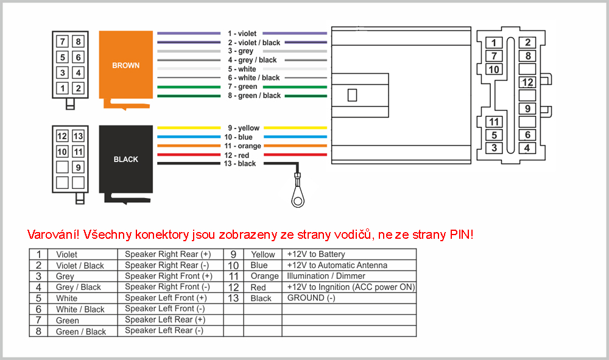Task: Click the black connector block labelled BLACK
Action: click(125, 159)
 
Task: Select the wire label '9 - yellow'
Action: click(243, 128)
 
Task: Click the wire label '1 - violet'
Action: click(242, 34)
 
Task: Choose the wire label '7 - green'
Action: click(242, 86)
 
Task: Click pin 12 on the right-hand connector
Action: click(527, 82)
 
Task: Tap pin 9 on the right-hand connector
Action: click(527, 109)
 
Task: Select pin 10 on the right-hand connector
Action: click(494, 69)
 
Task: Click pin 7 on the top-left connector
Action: click(63, 42)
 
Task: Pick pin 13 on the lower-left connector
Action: click(78, 136)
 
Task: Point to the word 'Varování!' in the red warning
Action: click(54, 235)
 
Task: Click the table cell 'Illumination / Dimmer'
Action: click(325, 276)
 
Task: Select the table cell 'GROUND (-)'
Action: click(311, 298)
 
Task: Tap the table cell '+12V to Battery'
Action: click(315, 254)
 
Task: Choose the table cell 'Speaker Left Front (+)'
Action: click(166, 298)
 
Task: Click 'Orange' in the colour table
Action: click(264, 276)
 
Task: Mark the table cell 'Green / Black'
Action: click(80, 332)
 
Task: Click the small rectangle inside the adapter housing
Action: click(351, 95)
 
